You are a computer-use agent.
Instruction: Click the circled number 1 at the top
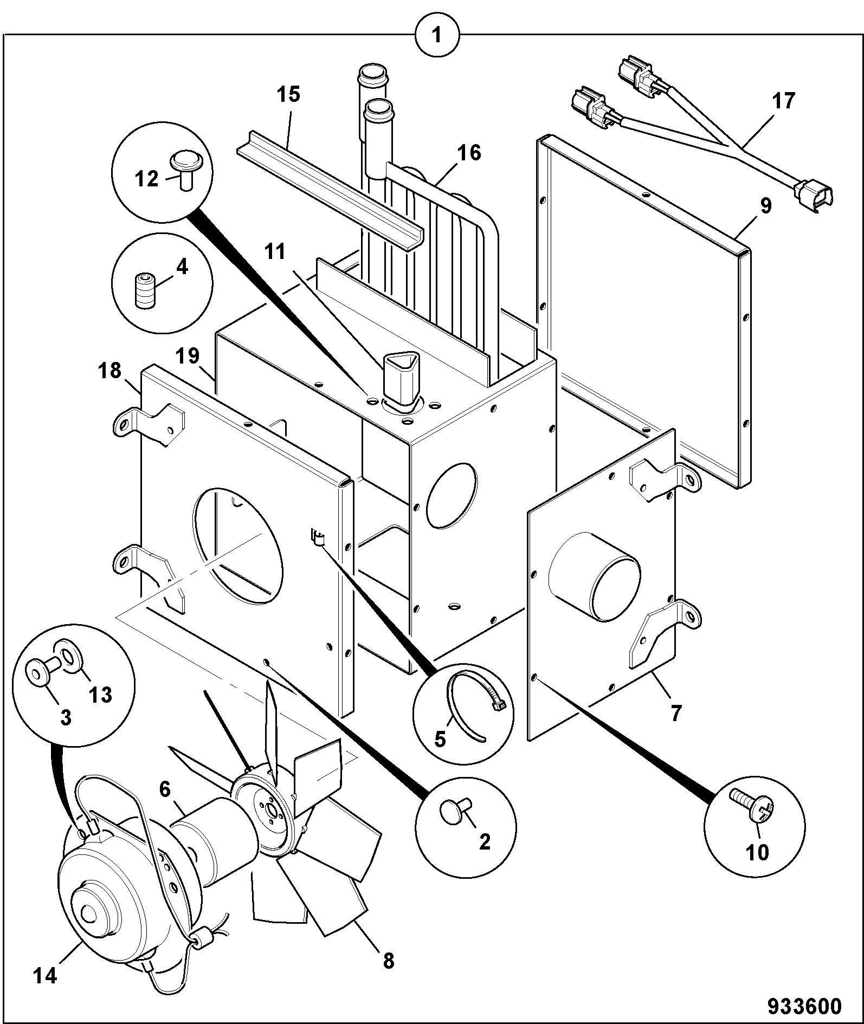[x=436, y=36]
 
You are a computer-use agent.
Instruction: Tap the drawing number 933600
[x=804, y=1006]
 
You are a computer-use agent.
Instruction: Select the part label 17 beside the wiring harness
[x=784, y=101]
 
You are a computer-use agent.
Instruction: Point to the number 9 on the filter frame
[x=765, y=206]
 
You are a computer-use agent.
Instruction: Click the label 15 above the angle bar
[x=288, y=94]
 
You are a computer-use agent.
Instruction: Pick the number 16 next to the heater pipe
[x=469, y=153]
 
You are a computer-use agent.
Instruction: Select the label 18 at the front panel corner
[x=109, y=372]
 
